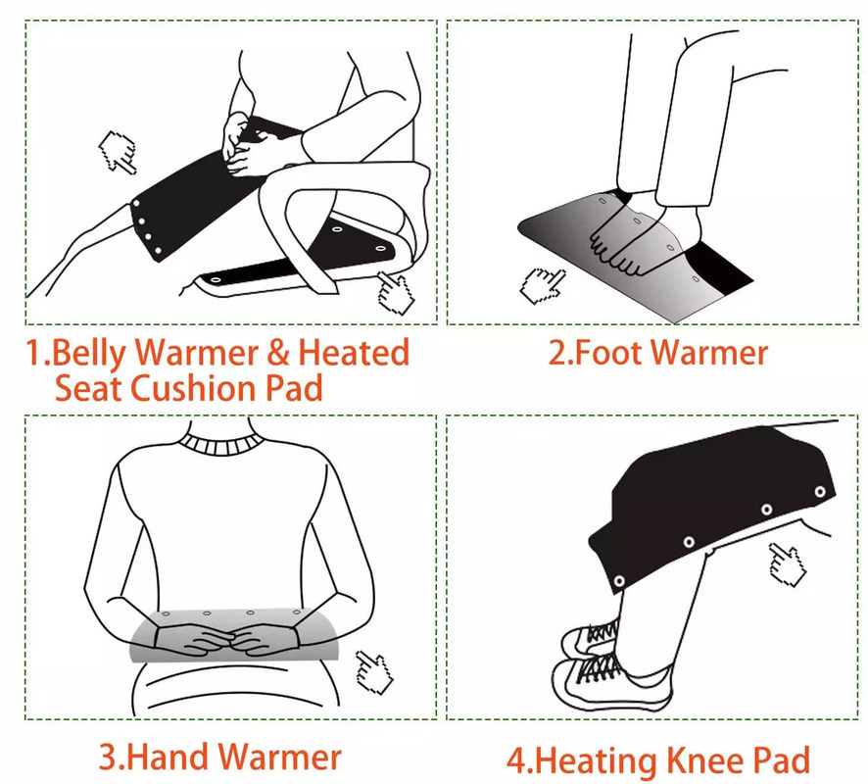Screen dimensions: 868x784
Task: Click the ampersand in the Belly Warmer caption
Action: pos(277,353)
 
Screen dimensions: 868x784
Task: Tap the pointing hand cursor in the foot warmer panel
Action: pos(543,286)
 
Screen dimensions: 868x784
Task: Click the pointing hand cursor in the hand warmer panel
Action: pos(373,671)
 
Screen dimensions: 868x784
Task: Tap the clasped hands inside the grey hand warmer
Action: pos(227,640)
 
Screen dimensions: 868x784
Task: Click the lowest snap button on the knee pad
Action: pos(619,581)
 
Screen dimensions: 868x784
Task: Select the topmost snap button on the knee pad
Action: pos(820,491)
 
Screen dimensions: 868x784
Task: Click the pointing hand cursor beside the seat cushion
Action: pos(395,292)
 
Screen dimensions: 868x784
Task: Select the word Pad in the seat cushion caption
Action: pos(294,387)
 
